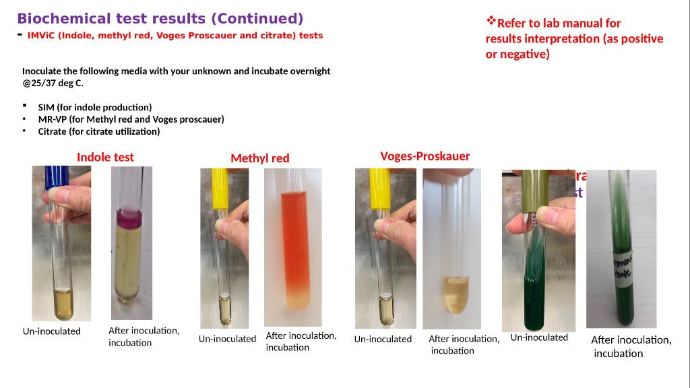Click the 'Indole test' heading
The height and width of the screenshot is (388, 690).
coord(105,157)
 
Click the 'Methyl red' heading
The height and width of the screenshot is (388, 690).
coord(259,158)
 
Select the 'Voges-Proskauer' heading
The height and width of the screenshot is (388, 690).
coord(425,156)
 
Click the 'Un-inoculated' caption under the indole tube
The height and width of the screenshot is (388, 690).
coord(51,331)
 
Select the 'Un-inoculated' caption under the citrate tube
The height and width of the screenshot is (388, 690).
coord(539,337)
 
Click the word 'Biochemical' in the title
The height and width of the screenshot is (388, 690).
coord(63,18)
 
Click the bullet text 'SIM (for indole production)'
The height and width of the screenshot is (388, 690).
coord(94,107)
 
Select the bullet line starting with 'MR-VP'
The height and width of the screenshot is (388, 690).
coord(131,119)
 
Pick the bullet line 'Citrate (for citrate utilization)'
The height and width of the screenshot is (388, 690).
coord(99,131)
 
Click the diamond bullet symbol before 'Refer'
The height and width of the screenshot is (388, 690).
coord(491,21)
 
